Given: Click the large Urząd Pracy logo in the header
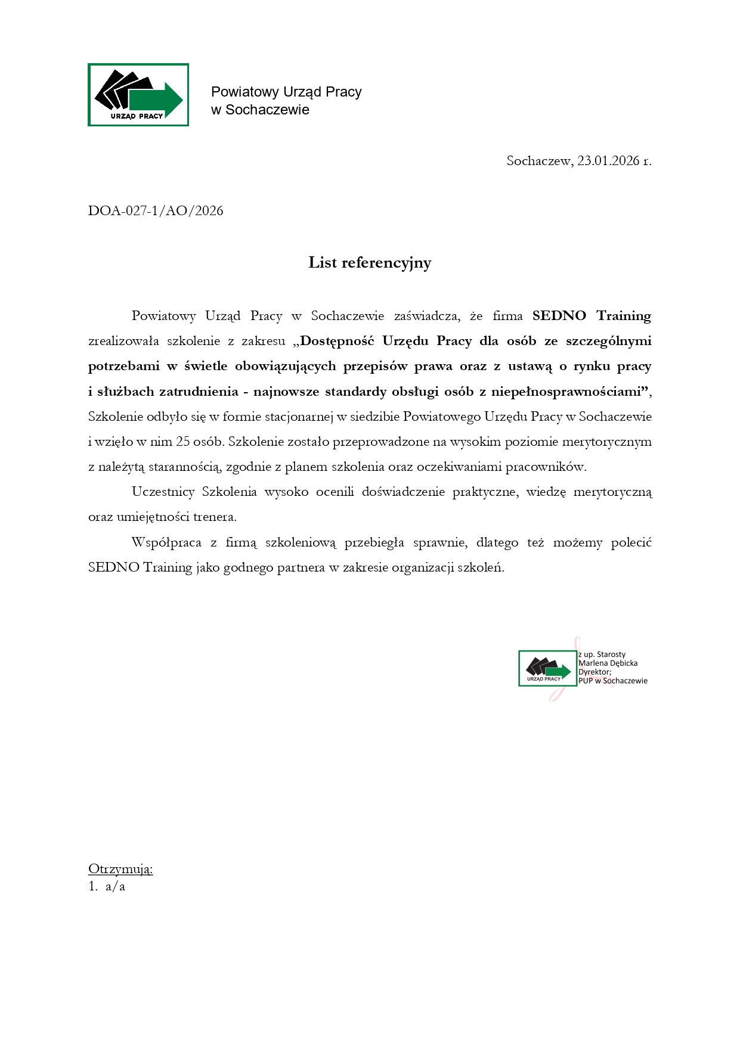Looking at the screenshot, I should [x=138, y=95].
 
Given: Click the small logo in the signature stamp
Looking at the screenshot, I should [x=547, y=668].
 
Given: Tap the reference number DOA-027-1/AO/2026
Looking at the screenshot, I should [x=156, y=210].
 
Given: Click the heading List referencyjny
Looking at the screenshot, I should [x=370, y=263].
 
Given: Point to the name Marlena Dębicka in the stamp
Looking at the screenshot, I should [x=608, y=663].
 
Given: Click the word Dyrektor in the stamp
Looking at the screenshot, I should [x=594, y=672].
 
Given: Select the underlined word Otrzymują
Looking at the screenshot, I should [x=120, y=869].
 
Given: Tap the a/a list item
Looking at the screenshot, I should [x=115, y=886].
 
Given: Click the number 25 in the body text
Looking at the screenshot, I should [x=182, y=442].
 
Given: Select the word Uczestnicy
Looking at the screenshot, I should [x=163, y=492].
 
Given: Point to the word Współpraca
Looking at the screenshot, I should [x=166, y=542].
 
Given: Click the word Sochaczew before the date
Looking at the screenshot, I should [x=538, y=160].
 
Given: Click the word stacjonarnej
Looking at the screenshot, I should [x=298, y=417].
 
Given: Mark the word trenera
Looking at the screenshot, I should [x=215, y=517].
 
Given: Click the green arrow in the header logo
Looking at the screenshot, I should [x=157, y=100].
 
